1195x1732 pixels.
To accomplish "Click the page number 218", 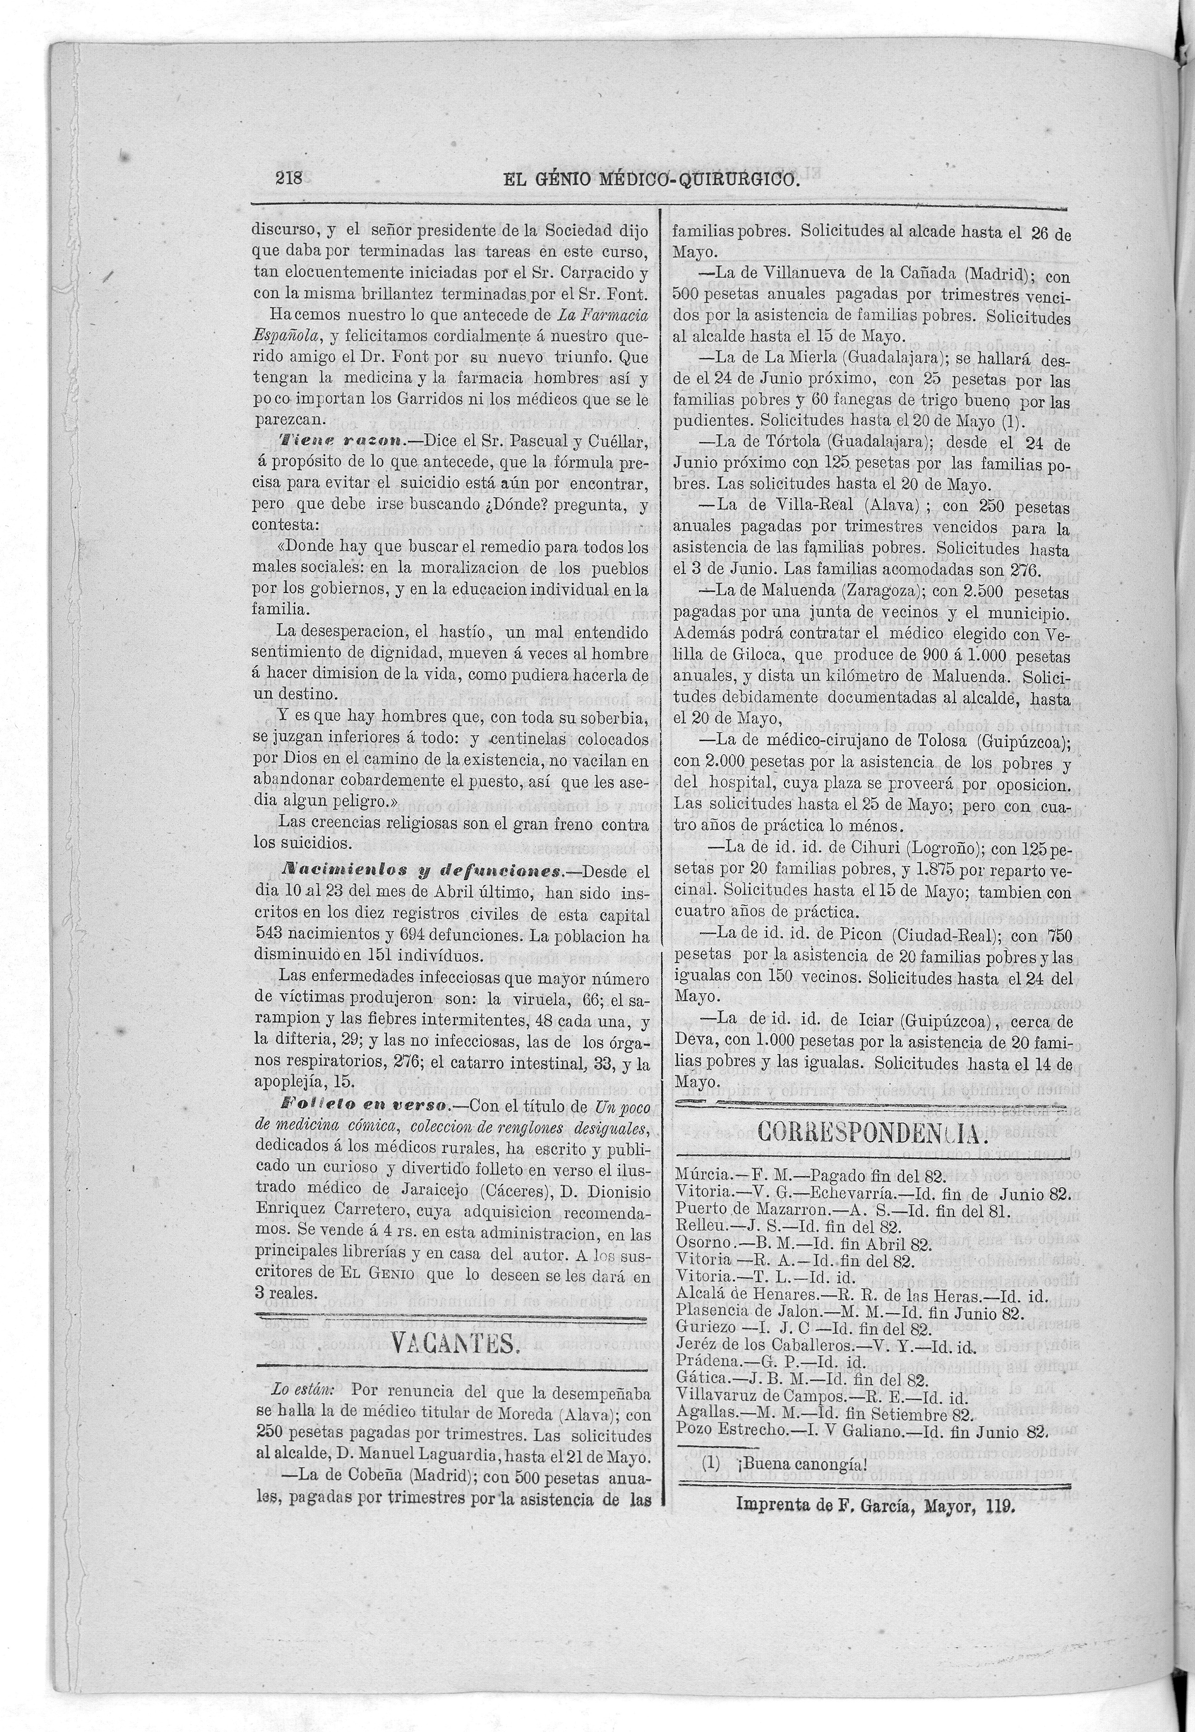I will click(x=288, y=179).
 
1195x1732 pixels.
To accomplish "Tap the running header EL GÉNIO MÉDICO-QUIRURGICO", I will click(x=642, y=180).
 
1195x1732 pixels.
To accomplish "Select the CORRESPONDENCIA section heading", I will click(x=872, y=1132).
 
